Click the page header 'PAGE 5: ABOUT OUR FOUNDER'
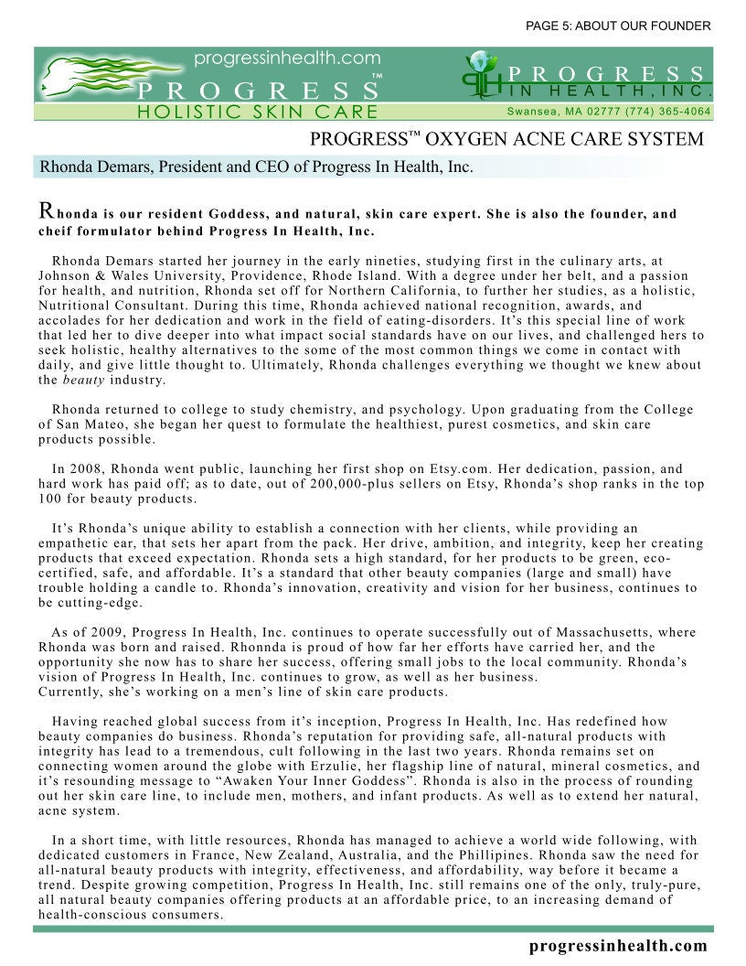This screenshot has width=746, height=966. (x=618, y=26)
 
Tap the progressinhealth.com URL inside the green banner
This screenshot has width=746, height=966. (x=287, y=59)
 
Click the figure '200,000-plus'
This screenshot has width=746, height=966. (x=325, y=484)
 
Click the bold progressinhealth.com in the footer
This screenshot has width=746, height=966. (x=618, y=946)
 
